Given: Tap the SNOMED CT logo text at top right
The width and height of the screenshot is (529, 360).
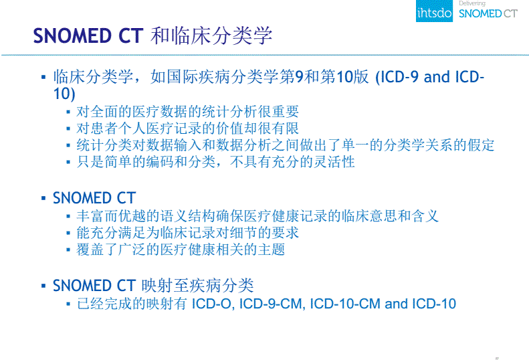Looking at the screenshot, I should (489, 14).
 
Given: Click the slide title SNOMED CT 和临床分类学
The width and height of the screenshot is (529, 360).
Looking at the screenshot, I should (153, 35).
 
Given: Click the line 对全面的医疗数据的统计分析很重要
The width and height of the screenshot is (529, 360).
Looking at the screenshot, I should (188, 112).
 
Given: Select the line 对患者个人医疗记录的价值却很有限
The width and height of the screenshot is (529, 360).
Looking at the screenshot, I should (188, 128).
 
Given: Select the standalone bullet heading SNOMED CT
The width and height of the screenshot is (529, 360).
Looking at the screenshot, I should (94, 198).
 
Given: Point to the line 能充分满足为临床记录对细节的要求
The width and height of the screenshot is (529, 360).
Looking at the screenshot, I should (188, 233).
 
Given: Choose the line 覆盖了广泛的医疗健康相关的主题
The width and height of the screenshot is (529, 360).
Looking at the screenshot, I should (181, 250).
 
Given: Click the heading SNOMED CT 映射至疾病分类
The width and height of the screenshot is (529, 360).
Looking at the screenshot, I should (153, 286).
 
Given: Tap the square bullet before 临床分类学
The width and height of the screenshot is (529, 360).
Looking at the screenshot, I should (44, 77).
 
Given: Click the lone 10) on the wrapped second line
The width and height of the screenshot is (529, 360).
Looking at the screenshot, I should (64, 94).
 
